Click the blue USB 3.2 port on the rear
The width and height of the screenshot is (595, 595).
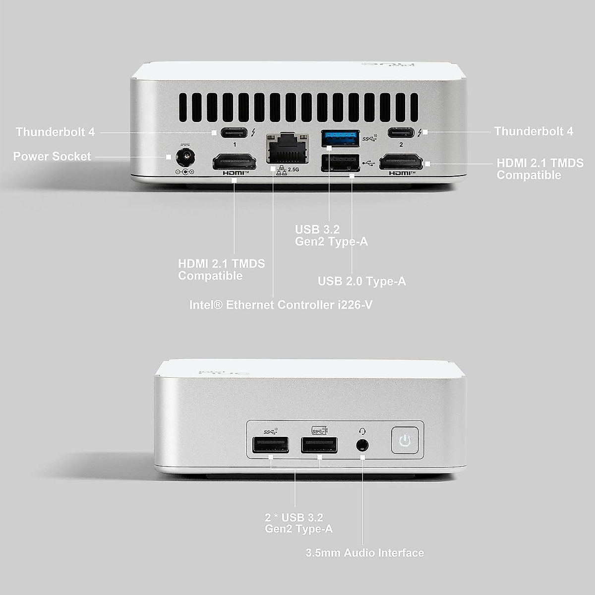(x=340, y=138)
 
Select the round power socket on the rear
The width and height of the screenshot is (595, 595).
(x=186, y=158)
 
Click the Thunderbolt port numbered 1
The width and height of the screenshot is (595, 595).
(x=234, y=133)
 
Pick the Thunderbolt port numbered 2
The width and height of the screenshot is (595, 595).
(x=402, y=133)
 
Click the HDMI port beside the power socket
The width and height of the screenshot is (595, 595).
(x=234, y=162)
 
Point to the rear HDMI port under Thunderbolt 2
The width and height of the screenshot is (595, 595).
(x=401, y=162)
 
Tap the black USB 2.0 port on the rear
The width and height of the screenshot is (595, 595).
(x=340, y=163)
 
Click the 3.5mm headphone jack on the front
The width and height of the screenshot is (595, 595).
(x=363, y=444)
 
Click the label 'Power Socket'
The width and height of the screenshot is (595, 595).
(x=52, y=157)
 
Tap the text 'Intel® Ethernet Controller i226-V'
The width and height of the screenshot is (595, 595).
(x=281, y=305)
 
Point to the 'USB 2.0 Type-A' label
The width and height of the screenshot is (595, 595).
(x=361, y=282)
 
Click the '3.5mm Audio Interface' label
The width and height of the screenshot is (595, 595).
(x=364, y=553)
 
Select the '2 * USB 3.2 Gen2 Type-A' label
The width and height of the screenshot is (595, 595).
(x=298, y=523)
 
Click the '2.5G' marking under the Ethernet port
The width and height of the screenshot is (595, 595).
(x=294, y=170)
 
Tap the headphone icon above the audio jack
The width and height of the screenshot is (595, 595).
(x=363, y=431)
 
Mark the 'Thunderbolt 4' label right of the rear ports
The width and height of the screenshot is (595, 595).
(x=534, y=131)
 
